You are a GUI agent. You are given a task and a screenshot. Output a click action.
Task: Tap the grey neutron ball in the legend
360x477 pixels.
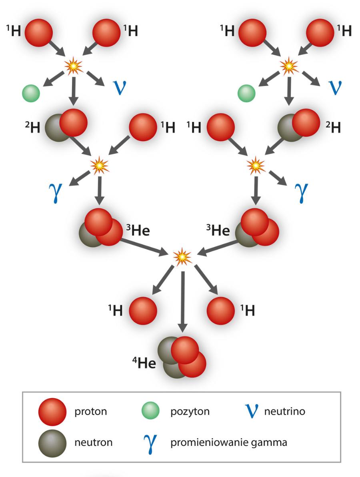[52, 443]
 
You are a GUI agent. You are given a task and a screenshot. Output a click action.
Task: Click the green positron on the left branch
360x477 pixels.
[31, 94]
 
